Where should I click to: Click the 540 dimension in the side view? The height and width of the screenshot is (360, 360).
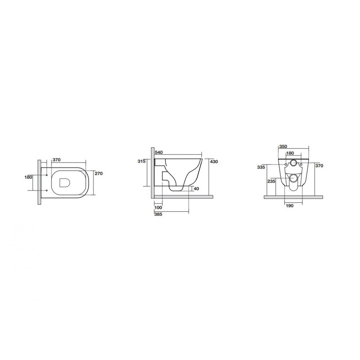(x=159, y=152)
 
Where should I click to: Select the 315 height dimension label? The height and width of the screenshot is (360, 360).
(x=141, y=161)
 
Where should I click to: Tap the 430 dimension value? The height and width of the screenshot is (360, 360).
(x=214, y=162)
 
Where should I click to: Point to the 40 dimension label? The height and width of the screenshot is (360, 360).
(x=197, y=189)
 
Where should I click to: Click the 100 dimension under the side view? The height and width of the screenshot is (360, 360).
(x=158, y=208)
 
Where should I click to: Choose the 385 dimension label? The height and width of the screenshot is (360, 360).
(x=158, y=214)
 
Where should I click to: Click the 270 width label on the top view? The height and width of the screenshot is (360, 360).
(x=99, y=174)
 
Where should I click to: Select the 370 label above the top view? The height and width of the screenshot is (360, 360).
(x=57, y=160)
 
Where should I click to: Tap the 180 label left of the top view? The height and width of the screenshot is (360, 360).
(x=28, y=177)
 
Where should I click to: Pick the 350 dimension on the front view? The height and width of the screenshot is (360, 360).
(x=283, y=147)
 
